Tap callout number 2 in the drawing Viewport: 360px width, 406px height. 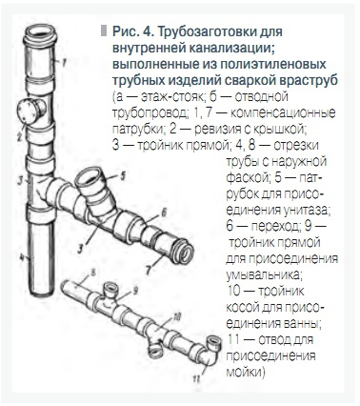pos(19,135)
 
